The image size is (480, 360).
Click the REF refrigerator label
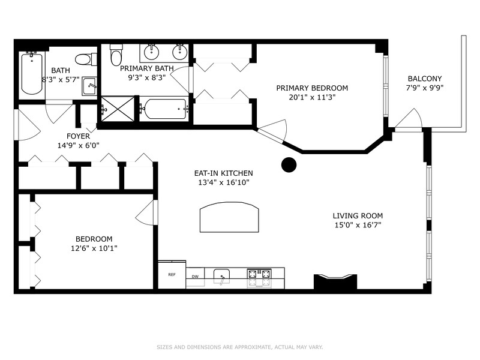click(x=172, y=275)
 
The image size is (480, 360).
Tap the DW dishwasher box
click(x=195, y=277)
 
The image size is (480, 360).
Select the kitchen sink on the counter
click(x=221, y=277)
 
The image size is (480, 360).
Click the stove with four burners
click(x=259, y=278)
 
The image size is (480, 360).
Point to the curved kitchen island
click(x=229, y=217)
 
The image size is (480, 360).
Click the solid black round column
click(x=289, y=164)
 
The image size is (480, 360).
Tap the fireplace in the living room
click(x=335, y=281)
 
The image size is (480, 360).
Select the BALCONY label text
click(x=425, y=79)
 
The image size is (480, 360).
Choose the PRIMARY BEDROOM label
click(x=312, y=88)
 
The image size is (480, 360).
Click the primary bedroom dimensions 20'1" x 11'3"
click(x=312, y=97)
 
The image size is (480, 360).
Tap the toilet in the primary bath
click(x=116, y=55)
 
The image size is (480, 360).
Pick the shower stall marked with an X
click(x=118, y=109)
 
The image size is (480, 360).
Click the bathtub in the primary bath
click(x=164, y=109)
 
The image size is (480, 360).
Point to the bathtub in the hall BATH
click(x=32, y=73)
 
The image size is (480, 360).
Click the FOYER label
click(x=79, y=136)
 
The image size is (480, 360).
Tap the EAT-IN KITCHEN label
click(x=223, y=173)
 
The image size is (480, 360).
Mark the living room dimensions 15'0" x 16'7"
click(x=358, y=225)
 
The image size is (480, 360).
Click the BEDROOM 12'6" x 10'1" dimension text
click(x=94, y=248)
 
